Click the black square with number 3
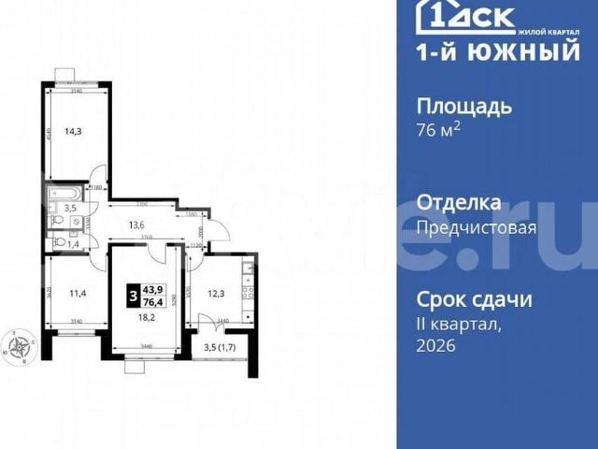[x=134, y=296]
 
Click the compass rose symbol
[x=20, y=348]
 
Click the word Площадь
[x=463, y=106]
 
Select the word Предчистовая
[x=476, y=227]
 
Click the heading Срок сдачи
[x=474, y=300]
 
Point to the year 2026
[x=434, y=346]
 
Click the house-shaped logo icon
[x=432, y=17]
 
